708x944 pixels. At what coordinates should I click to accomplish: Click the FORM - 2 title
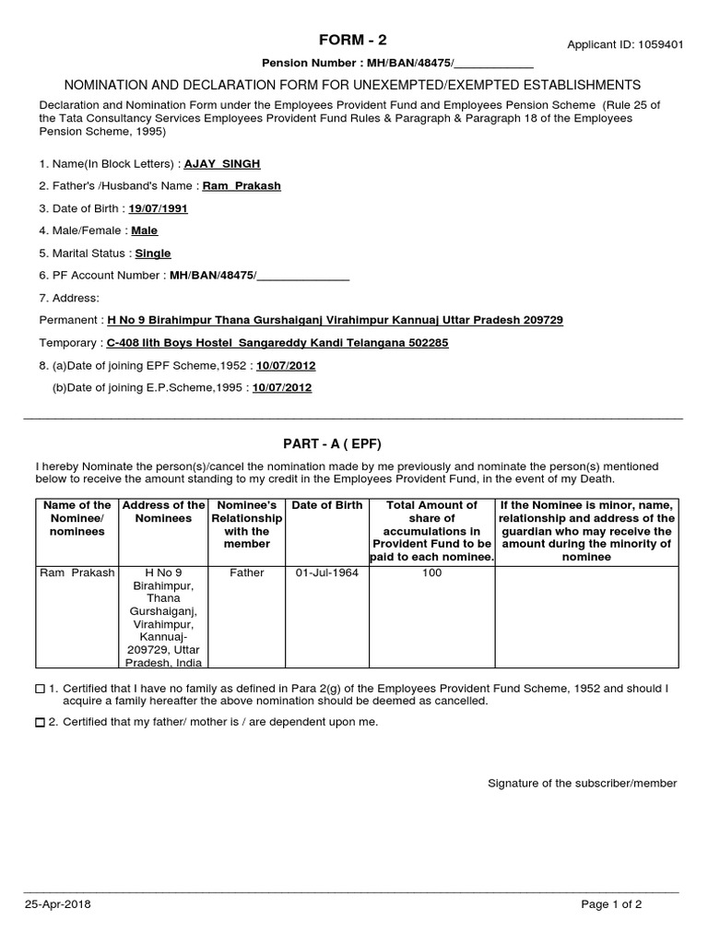tap(353, 39)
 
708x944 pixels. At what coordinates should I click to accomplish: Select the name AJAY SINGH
tap(222, 164)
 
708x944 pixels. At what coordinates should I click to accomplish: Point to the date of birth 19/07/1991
tap(158, 208)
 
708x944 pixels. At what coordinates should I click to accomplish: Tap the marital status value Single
tap(153, 254)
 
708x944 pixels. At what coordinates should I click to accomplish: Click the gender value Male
tap(145, 231)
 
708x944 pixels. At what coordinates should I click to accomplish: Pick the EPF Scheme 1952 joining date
tap(286, 366)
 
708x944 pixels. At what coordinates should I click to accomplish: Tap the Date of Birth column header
tap(326, 505)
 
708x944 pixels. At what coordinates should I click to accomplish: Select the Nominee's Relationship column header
tap(246, 525)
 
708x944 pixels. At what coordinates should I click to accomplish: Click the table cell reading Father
tap(246, 573)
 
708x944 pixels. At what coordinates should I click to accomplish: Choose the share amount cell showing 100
tap(431, 573)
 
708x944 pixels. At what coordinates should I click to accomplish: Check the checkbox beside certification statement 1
tap(40, 689)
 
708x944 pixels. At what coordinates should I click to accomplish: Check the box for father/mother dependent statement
tap(40, 723)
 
